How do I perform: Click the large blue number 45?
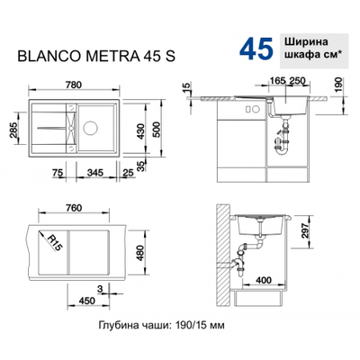(256, 48)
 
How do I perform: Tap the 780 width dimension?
(74, 85)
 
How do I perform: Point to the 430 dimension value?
(141, 132)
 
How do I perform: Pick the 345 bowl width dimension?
(94, 173)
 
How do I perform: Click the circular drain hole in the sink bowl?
(90, 128)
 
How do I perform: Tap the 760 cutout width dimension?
(73, 208)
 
